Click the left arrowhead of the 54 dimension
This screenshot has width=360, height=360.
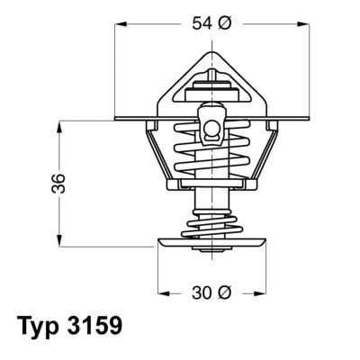121,24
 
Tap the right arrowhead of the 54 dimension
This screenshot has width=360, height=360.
292,24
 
